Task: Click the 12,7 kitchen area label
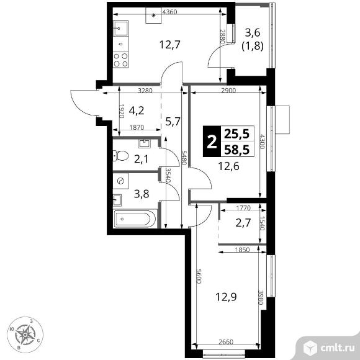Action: click(170, 44)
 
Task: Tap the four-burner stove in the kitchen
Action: click(121, 60)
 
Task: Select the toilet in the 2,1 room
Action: click(120, 156)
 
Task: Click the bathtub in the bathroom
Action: click(135, 219)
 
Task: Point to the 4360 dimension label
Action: click(169, 12)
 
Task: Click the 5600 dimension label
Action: click(199, 276)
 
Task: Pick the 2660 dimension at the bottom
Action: click(226, 342)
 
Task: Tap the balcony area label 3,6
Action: click(253, 33)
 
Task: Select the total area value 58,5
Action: click(236, 150)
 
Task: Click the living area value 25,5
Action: click(236, 133)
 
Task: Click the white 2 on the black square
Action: click(212, 142)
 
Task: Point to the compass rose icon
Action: click(25, 335)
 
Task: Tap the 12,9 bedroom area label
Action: click(226, 297)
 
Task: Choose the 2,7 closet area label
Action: click(243, 223)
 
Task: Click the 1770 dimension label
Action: click(243, 208)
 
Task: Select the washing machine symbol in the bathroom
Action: click(120, 181)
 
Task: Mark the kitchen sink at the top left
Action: click(121, 28)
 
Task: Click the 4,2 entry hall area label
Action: click(137, 110)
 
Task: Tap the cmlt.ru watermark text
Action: click(337, 348)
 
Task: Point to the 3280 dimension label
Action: click(145, 91)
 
